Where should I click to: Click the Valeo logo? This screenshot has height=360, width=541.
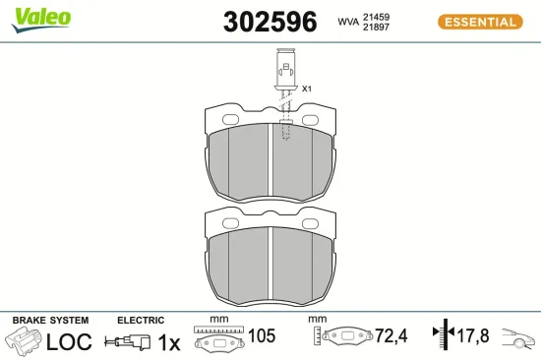pos(40,16)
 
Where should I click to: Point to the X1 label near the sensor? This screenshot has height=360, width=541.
pos(306,90)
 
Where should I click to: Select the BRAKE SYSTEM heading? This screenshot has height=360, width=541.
pos(50,321)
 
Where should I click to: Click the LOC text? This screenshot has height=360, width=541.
pos(70,341)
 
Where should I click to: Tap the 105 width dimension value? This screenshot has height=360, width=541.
pos(261,336)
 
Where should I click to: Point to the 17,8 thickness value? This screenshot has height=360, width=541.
pos(474,336)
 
